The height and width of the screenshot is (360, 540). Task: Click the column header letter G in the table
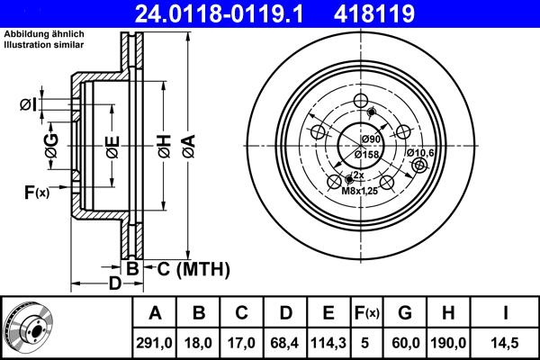pyautogui.click(x=404, y=313)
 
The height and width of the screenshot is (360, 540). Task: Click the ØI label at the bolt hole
pyautogui.click(x=28, y=106)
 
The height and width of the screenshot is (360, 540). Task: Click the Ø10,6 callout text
pyautogui.click(x=419, y=153)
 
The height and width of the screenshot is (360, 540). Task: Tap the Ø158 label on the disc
pyautogui.click(x=372, y=155)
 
